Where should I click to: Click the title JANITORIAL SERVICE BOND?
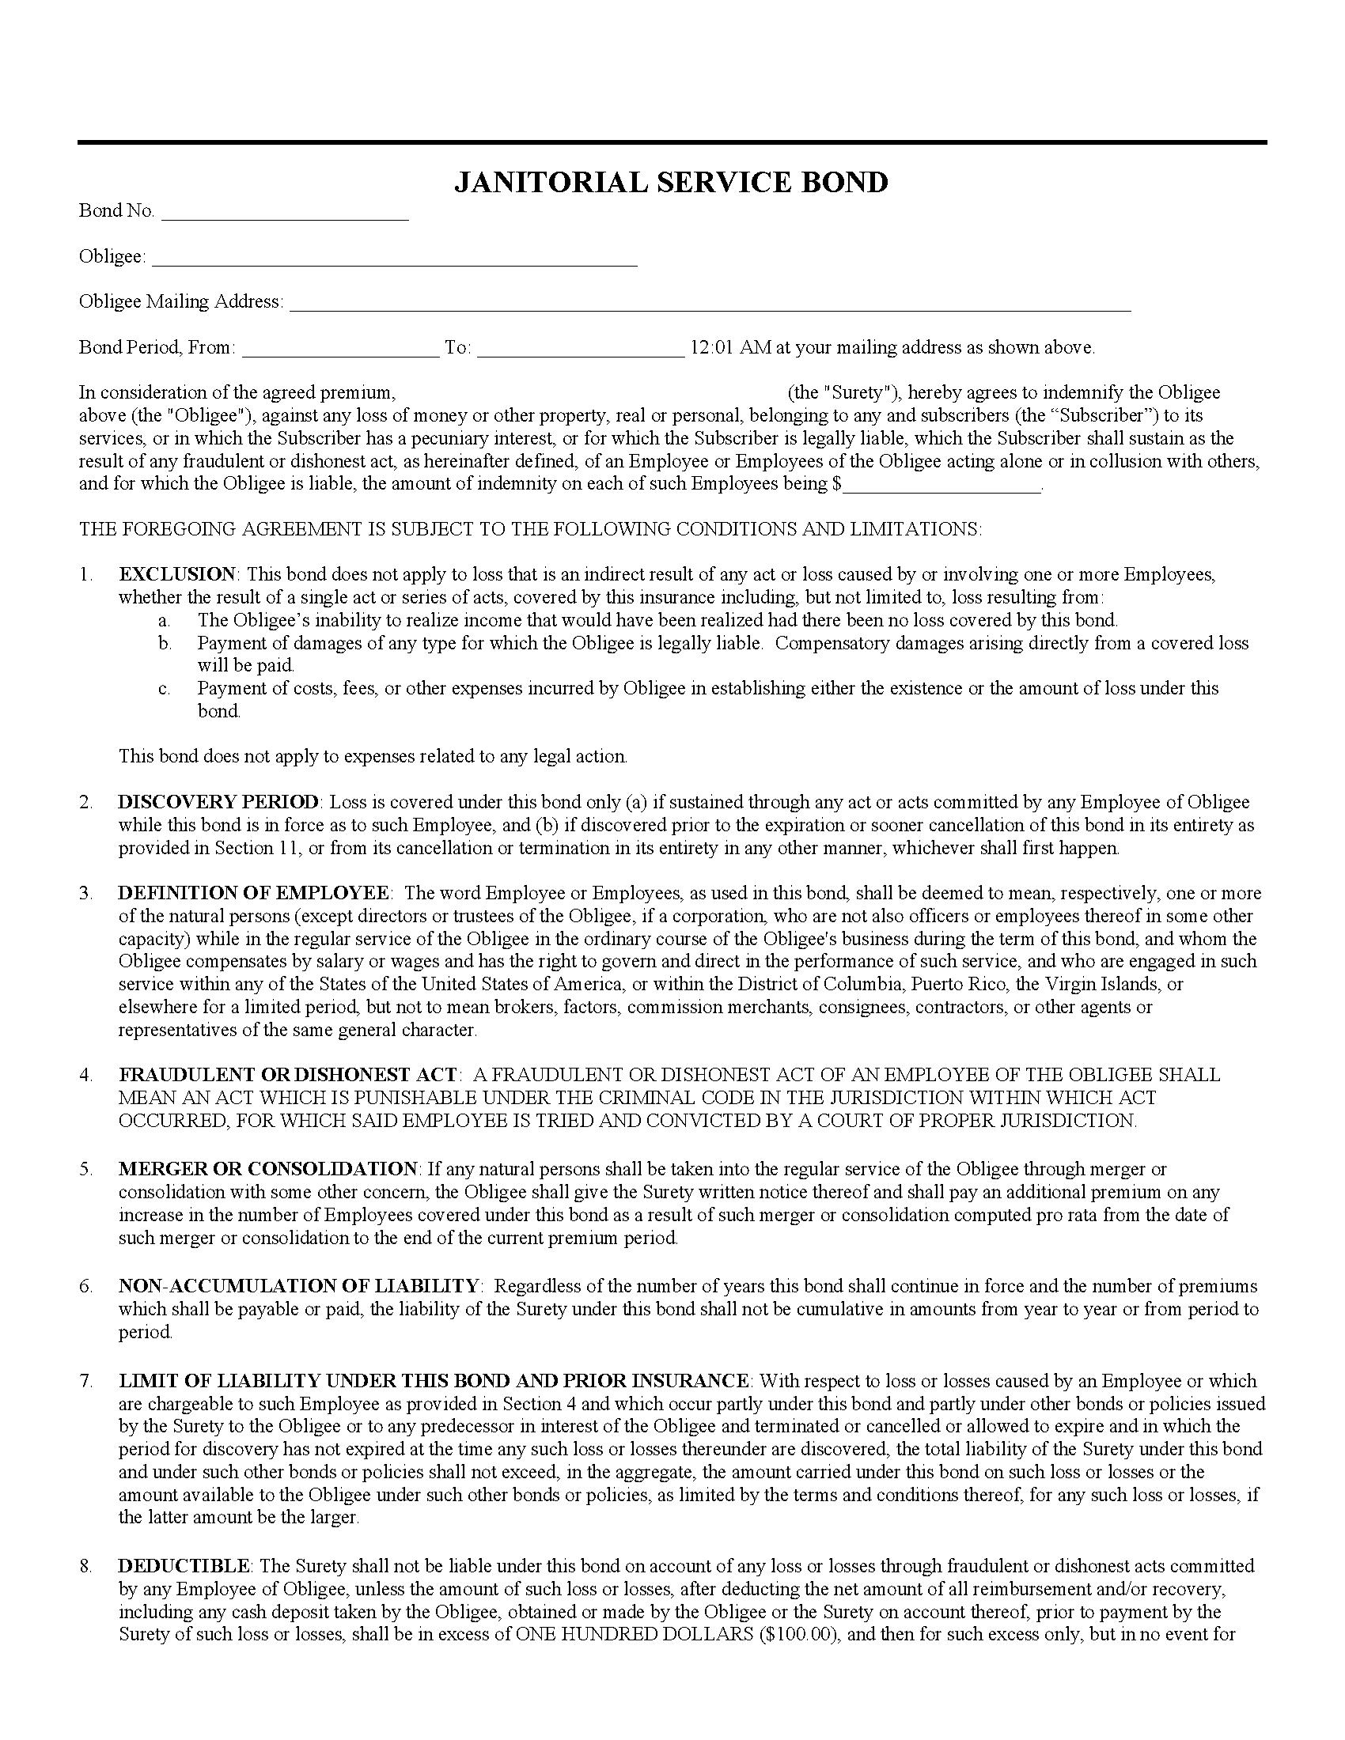(670, 183)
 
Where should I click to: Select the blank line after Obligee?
(394, 259)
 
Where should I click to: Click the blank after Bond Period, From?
(340, 350)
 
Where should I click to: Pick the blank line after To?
(580, 350)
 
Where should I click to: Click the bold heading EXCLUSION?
(177, 573)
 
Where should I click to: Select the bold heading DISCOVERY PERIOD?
(218, 801)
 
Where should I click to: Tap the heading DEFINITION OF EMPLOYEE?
(253, 892)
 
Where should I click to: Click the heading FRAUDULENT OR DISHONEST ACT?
(288, 1074)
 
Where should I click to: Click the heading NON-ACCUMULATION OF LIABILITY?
(299, 1285)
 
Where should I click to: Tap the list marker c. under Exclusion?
(164, 688)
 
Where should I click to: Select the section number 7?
(85, 1381)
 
